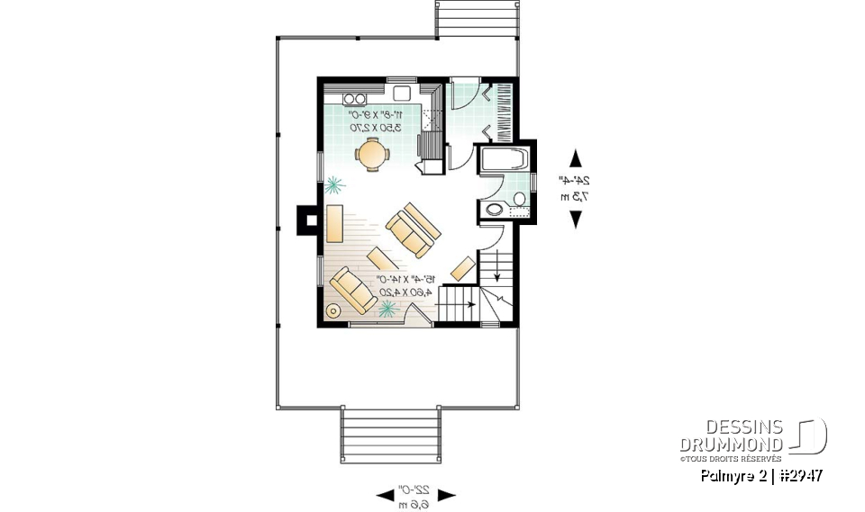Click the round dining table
click(372, 155)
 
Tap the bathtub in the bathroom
click(505, 161)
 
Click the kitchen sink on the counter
click(400, 94)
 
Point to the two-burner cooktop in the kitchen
click(356, 98)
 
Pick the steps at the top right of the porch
click(477, 18)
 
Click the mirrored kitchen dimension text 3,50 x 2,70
click(375, 128)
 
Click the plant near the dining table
click(335, 185)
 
